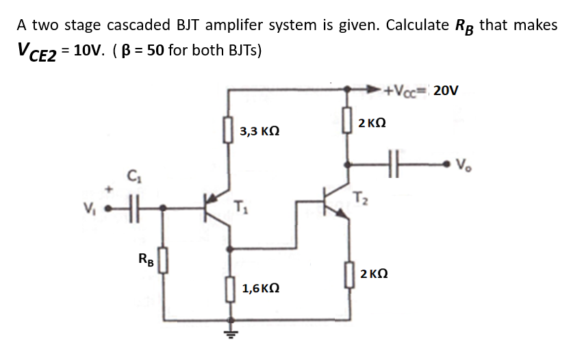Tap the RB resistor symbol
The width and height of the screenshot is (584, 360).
pos(163,261)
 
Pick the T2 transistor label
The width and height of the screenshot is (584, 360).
pos(361,198)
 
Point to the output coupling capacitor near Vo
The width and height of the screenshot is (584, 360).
pos(393,164)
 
